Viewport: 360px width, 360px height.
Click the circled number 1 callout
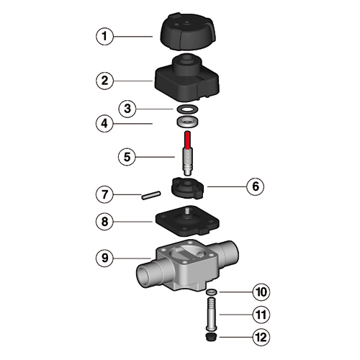point(104,37)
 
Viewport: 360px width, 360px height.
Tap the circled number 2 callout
point(104,81)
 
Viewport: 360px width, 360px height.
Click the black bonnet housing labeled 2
point(187,78)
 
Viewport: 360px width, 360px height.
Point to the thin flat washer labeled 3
point(187,109)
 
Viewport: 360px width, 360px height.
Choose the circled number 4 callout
point(104,124)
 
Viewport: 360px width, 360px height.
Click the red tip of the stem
point(188,140)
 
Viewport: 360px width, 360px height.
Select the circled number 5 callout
point(127,157)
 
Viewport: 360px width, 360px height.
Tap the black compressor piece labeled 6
point(188,188)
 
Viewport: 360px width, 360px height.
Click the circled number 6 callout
point(256,186)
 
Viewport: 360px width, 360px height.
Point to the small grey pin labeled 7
point(150,195)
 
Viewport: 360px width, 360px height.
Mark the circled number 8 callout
point(104,221)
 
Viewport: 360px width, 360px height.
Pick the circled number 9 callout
point(104,258)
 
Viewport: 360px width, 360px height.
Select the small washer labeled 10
point(212,292)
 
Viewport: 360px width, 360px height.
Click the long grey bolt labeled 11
point(212,315)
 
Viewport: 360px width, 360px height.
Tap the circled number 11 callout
point(261,315)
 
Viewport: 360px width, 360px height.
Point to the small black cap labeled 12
point(212,336)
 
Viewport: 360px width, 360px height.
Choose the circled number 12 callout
point(261,337)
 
